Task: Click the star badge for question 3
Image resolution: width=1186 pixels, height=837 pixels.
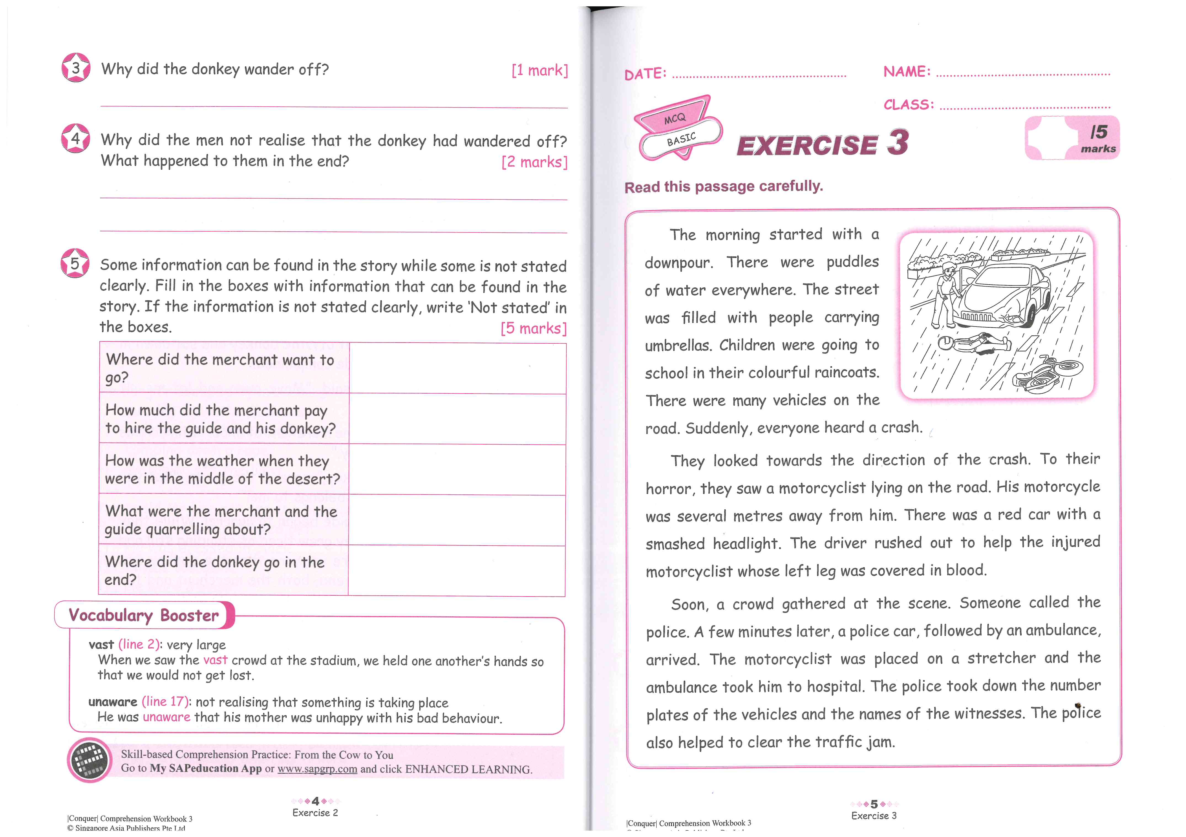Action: pyautogui.click(x=76, y=68)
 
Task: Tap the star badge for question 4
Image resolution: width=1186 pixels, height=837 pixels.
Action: pyautogui.click(x=75, y=138)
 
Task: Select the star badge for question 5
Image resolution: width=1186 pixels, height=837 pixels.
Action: pyautogui.click(x=75, y=263)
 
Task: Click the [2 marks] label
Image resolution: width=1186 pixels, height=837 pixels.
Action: pyautogui.click(x=534, y=162)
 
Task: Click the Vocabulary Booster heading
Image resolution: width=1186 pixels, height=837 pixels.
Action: pyautogui.click(x=144, y=615)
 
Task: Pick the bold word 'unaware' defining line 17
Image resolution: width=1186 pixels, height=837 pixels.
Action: pyautogui.click(x=113, y=702)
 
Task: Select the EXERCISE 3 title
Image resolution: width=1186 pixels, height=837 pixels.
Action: pyautogui.click(x=822, y=143)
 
